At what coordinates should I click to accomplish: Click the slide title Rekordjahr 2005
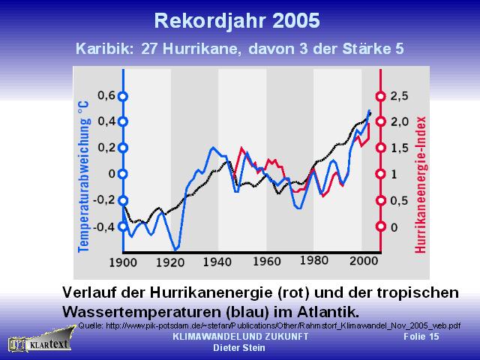[237, 21]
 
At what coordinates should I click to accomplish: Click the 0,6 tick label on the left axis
[106, 96]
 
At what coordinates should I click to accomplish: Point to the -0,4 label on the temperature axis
[103, 227]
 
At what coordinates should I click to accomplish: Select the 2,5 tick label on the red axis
[399, 96]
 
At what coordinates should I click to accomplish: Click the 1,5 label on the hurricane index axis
[399, 148]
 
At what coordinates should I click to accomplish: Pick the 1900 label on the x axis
[123, 262]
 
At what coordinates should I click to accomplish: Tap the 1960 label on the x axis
[267, 262]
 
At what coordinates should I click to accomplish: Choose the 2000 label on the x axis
[364, 261]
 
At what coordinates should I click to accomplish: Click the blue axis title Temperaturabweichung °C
[83, 177]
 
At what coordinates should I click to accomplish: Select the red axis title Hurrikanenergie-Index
[421, 185]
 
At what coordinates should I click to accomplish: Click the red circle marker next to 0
[380, 226]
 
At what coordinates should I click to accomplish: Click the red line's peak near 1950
[241, 148]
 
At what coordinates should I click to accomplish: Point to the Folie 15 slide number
[421, 337]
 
